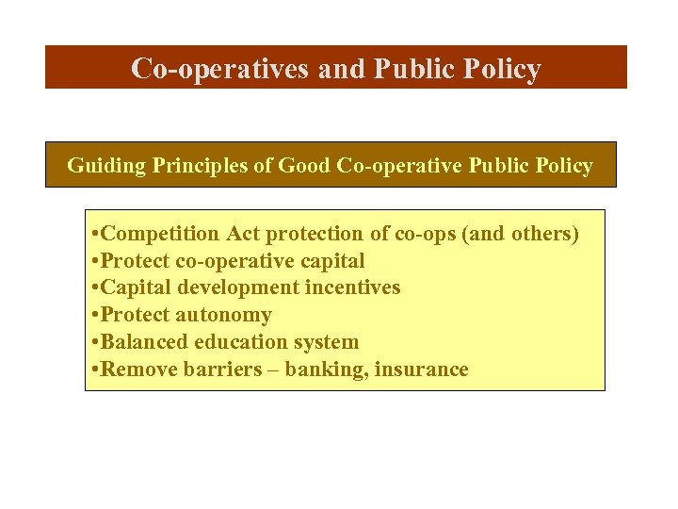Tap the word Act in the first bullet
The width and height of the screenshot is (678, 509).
pyautogui.click(x=242, y=234)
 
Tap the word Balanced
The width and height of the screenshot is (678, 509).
pyautogui.click(x=142, y=342)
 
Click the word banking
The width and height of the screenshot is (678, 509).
pyautogui.click(x=329, y=369)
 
